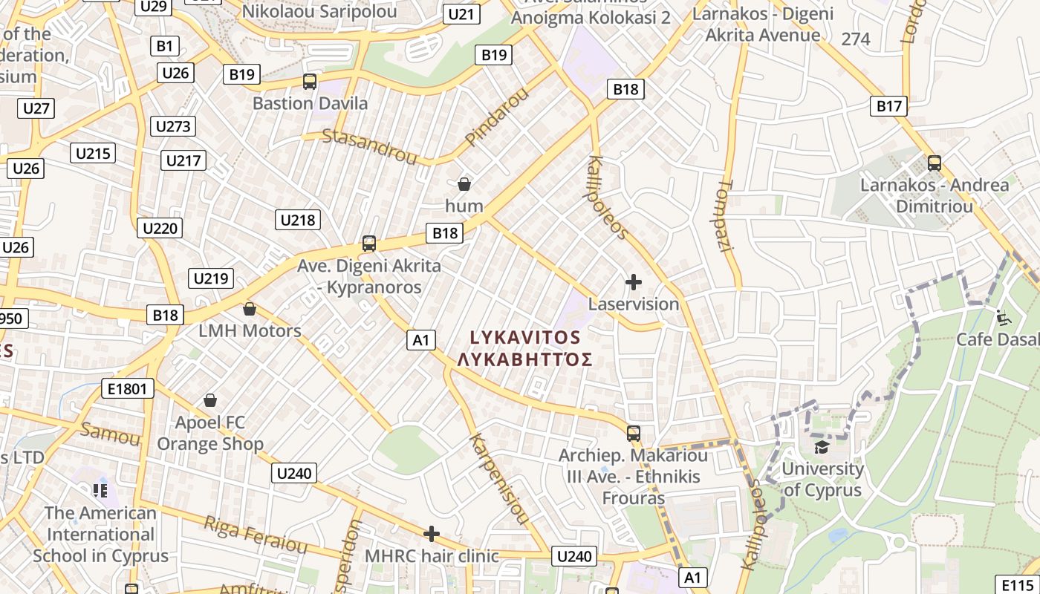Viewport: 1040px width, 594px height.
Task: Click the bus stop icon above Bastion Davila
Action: coord(310,82)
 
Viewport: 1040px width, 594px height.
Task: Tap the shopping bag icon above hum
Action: coord(464,184)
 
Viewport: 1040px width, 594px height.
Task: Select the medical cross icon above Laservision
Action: coord(634,282)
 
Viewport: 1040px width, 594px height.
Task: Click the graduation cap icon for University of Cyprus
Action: coord(822,447)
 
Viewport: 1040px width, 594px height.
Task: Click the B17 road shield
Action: coord(888,106)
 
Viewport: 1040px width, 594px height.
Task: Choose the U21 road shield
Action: coord(461,13)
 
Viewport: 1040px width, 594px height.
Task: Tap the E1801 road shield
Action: coord(128,388)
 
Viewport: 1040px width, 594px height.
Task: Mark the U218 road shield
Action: coord(298,220)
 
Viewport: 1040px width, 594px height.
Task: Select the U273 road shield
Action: coord(173,126)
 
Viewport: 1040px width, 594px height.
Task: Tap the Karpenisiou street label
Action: coord(499,478)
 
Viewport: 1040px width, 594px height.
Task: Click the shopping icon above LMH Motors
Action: coord(250,309)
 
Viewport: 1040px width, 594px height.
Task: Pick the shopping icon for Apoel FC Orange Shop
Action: coord(210,401)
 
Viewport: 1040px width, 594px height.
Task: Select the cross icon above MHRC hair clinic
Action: coord(432,534)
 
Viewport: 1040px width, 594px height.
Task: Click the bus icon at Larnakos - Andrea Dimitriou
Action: coord(935,163)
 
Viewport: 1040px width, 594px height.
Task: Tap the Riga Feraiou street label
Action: coord(255,535)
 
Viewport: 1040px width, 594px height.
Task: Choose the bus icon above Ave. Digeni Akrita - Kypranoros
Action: coord(368,244)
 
